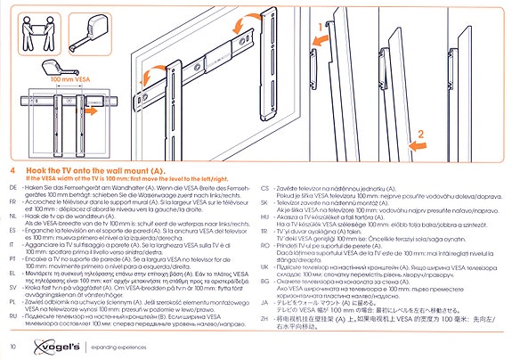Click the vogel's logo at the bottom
pyautogui.click(x=42, y=344)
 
